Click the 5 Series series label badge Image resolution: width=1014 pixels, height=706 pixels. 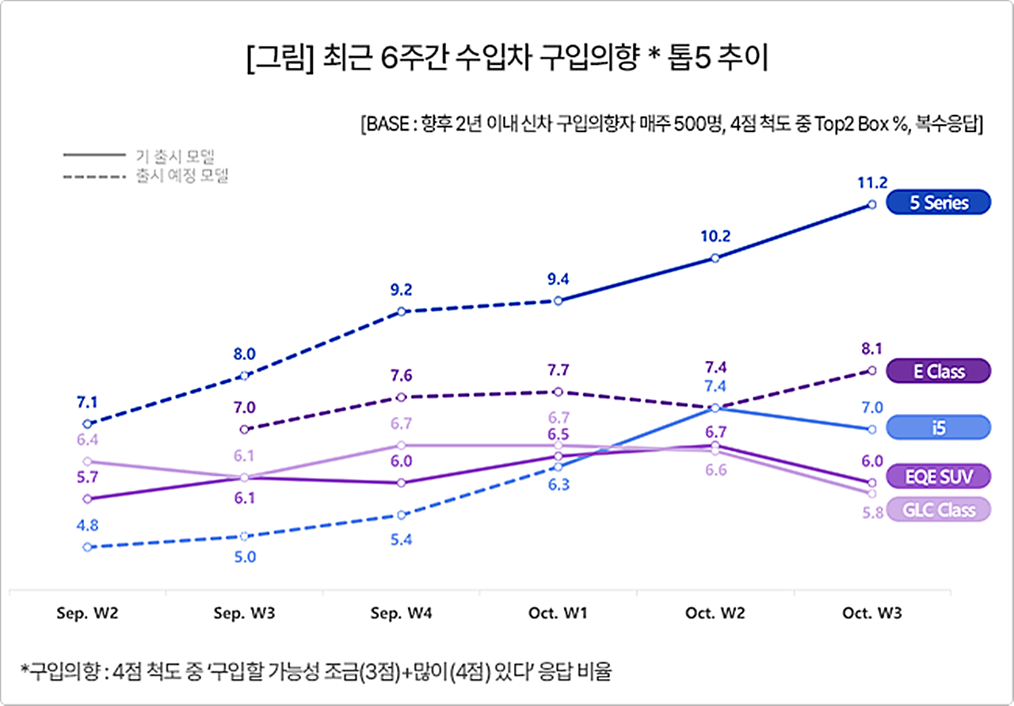(x=939, y=203)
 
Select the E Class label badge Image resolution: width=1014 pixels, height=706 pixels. (x=939, y=370)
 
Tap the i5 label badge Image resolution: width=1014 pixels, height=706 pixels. (x=939, y=427)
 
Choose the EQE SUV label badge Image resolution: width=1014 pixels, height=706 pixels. (x=939, y=476)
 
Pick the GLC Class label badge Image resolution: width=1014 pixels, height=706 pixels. (x=939, y=510)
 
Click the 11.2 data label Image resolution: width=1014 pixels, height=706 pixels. (x=871, y=183)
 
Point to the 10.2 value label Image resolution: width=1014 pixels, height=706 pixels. (x=715, y=235)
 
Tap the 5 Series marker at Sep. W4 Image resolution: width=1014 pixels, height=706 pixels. (x=402, y=311)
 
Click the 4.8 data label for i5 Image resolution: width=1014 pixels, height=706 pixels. (x=87, y=525)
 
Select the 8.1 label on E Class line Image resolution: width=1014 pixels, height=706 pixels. (x=871, y=348)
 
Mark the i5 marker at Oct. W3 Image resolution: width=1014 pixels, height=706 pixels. (x=871, y=429)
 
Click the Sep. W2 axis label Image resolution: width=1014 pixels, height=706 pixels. (x=87, y=613)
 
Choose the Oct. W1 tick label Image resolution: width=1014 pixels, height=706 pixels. (x=558, y=613)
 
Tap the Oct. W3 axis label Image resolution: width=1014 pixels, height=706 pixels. (x=871, y=613)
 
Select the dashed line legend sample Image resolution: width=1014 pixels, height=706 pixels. (x=93, y=176)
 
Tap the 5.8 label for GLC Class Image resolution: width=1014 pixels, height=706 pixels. (x=871, y=513)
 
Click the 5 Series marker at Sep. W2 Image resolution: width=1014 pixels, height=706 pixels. (x=87, y=424)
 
